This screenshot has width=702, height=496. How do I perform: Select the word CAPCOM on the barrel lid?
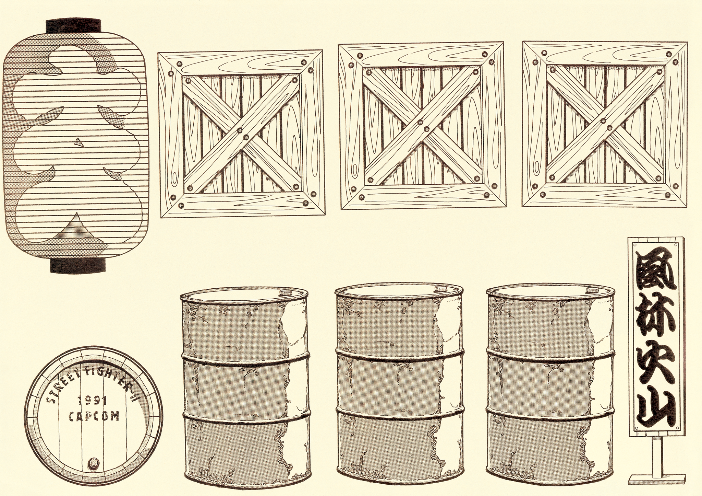coord(94,416)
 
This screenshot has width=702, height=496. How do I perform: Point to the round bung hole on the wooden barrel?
coord(93,463)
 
